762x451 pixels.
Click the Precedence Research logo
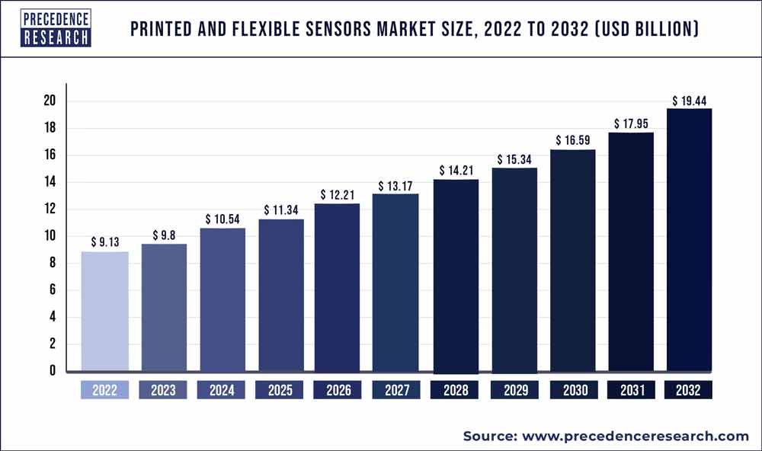coord(56,28)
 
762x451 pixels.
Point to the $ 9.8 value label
coord(163,235)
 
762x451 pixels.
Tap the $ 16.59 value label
coord(571,141)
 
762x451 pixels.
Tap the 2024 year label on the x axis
coord(221,390)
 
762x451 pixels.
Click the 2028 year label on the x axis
coord(454,390)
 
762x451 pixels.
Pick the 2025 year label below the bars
coord(280,390)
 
